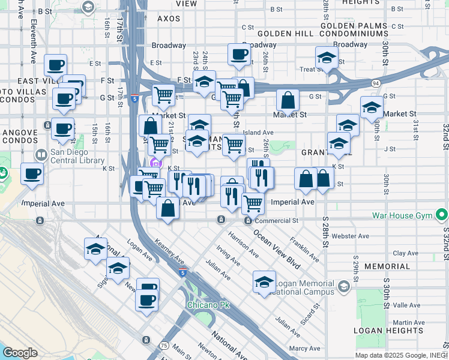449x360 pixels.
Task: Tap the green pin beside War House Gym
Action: (x=442, y=214)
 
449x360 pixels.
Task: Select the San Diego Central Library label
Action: (x=78, y=156)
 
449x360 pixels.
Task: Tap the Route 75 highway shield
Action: (x=163, y=346)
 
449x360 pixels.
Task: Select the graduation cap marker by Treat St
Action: (x=326, y=59)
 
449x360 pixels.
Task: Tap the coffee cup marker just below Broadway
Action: (x=239, y=55)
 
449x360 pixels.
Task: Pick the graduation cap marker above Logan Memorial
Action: (x=264, y=282)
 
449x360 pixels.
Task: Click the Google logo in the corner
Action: (x=20, y=353)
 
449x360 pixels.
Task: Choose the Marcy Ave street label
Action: (x=304, y=348)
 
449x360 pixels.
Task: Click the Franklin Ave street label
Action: (x=304, y=248)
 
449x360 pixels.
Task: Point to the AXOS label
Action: (x=169, y=19)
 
